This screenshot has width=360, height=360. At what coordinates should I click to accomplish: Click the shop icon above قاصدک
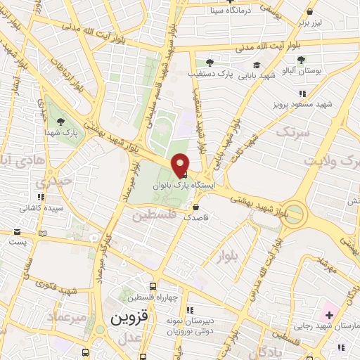195,207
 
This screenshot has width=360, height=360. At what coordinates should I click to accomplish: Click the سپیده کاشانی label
41,209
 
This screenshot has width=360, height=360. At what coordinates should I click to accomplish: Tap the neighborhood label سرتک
292,132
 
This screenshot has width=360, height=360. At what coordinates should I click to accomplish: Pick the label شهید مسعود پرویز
301,104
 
